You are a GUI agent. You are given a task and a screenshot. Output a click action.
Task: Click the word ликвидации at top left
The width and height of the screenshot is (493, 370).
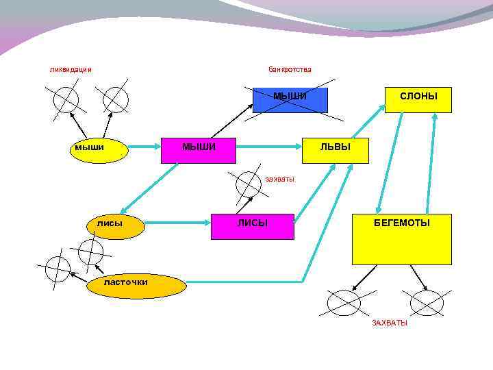[x=71, y=69]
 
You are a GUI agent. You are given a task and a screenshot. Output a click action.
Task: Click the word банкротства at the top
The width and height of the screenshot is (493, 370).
[x=290, y=69]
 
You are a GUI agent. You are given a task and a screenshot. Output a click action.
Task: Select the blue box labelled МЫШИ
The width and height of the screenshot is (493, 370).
[x=290, y=100]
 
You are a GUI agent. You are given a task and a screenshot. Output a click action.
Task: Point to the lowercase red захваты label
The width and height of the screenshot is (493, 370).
[x=279, y=180]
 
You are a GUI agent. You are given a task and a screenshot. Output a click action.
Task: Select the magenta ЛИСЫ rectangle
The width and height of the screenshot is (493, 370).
[x=252, y=226]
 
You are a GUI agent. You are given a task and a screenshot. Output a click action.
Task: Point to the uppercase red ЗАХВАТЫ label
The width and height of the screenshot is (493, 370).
[x=389, y=323]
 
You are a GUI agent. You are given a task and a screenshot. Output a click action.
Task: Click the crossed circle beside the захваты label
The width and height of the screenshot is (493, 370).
[x=246, y=183]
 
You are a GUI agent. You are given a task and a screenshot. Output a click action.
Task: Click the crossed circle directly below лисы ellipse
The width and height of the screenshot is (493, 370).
[x=90, y=251]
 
